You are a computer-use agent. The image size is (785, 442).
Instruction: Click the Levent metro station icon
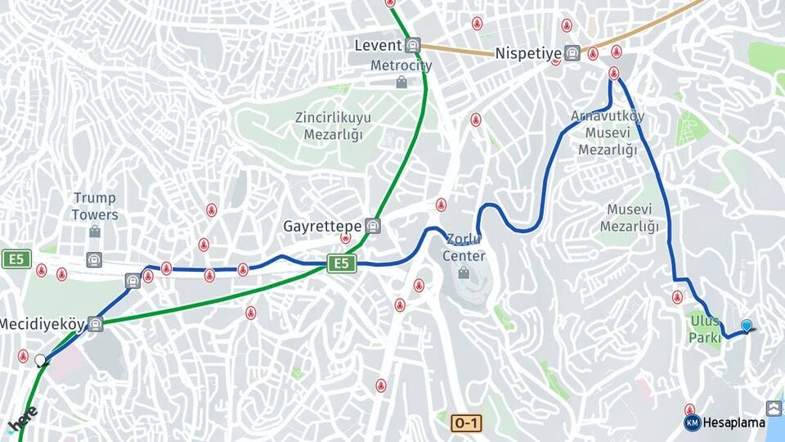click(412, 46)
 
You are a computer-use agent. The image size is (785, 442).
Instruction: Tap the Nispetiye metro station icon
click(572, 53)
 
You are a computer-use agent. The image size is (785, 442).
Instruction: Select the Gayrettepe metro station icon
click(373, 225)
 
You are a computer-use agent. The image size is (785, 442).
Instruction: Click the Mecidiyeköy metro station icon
click(96, 324)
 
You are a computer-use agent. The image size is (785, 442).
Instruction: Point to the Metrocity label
click(401, 65)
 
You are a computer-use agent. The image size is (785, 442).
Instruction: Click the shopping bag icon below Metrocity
click(401, 82)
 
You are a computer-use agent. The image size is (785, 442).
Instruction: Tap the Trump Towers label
click(95, 206)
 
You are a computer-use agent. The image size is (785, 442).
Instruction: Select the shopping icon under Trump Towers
click(95, 232)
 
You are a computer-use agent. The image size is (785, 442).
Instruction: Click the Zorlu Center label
click(464, 248)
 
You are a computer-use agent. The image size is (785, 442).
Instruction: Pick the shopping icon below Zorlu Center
click(464, 272)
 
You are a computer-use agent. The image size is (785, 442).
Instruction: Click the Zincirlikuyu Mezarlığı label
click(333, 125)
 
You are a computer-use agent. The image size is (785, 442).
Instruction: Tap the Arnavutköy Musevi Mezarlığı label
click(608, 133)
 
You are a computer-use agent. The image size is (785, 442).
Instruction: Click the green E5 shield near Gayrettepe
click(342, 263)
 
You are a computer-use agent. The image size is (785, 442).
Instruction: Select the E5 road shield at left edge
click(16, 259)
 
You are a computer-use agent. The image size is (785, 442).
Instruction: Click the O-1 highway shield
click(465, 422)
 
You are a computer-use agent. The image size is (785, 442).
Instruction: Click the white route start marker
click(40, 359)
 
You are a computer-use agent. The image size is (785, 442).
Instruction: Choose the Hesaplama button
click(724, 422)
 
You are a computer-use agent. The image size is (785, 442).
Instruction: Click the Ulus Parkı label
click(704, 328)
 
